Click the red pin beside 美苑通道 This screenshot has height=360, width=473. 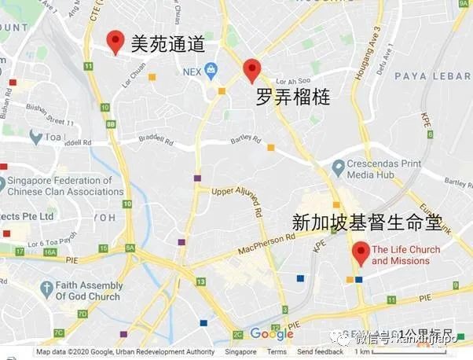coord(115,42)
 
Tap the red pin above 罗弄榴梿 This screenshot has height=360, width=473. coord(251,70)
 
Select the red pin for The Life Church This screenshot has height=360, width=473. coord(361,252)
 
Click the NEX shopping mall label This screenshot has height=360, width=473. coord(192,72)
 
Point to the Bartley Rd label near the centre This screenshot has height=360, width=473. coord(244,138)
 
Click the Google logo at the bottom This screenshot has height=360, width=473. coord(272,334)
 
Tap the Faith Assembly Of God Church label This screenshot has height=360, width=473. coord(89,291)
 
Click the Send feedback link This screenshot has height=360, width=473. coord(320,352)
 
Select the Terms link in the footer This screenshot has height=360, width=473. coord(277,352)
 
